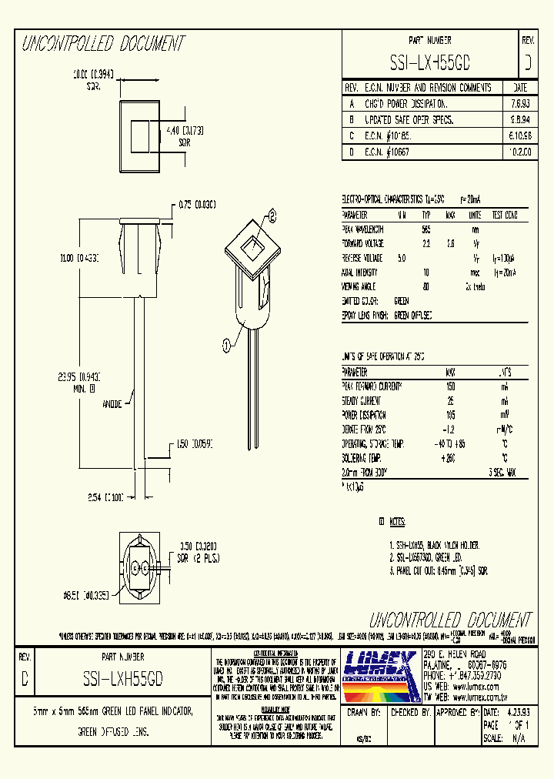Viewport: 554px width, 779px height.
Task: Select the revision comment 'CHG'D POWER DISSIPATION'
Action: tap(405, 102)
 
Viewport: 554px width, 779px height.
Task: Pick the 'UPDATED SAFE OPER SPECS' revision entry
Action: tap(409, 120)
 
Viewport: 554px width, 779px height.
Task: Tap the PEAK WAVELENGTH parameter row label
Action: tap(362, 229)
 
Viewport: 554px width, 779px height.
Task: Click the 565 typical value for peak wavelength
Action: tap(426, 229)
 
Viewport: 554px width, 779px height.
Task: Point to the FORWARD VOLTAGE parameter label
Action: tap(363, 243)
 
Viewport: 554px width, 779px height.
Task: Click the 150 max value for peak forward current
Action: tap(450, 386)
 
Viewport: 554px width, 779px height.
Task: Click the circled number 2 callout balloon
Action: tap(272, 218)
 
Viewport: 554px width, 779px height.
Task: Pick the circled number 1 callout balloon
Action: tap(225, 346)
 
